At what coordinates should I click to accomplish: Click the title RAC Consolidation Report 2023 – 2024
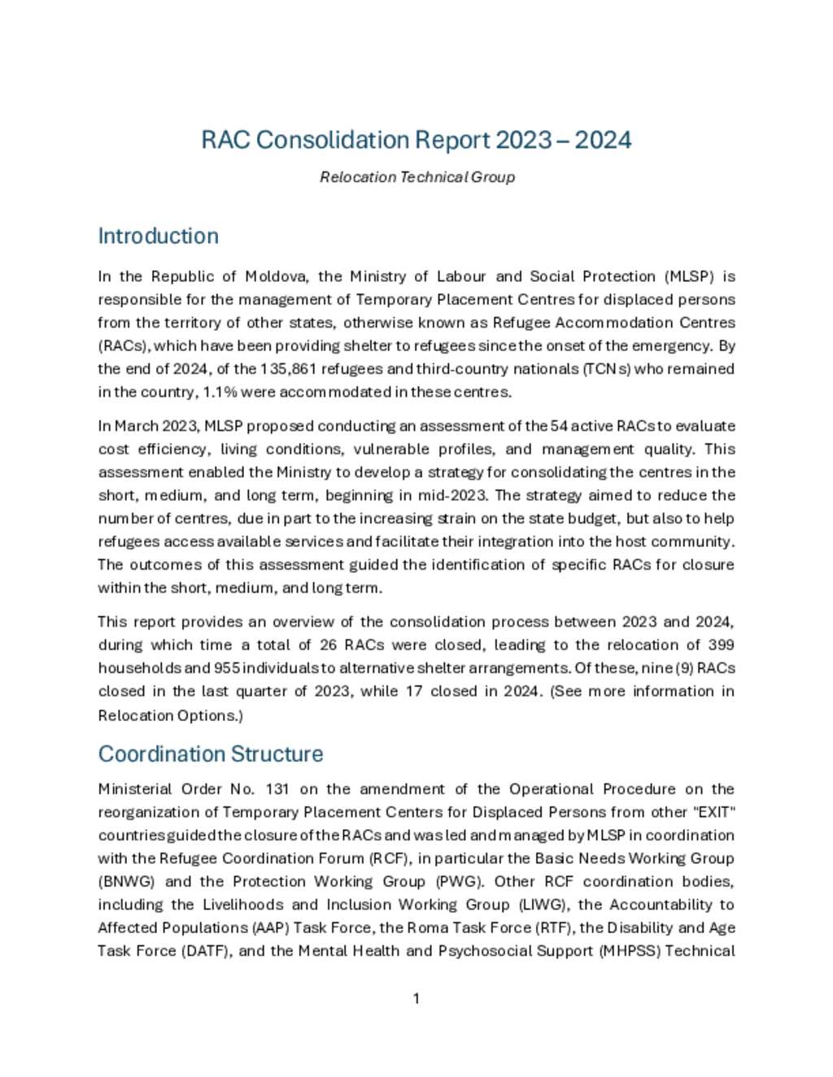tap(416, 140)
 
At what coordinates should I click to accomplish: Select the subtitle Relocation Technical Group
tap(416, 177)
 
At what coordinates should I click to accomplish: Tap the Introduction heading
tap(158, 236)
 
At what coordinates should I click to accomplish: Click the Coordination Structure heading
tap(210, 753)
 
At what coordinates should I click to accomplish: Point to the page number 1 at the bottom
tap(416, 998)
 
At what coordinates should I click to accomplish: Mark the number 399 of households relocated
tap(721, 645)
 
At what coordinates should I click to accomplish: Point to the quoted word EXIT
tap(717, 812)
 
